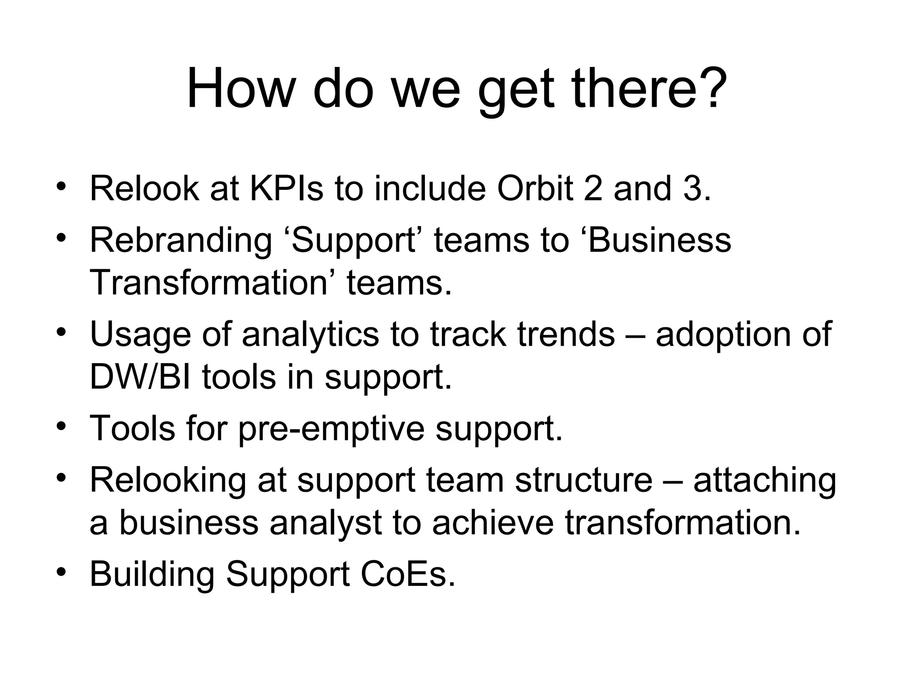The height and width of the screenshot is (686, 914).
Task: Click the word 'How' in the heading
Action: pyautogui.click(x=238, y=88)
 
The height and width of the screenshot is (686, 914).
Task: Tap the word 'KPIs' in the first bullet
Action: pyautogui.click(x=286, y=188)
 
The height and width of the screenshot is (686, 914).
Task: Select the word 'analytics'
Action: pyautogui.click(x=310, y=335)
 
